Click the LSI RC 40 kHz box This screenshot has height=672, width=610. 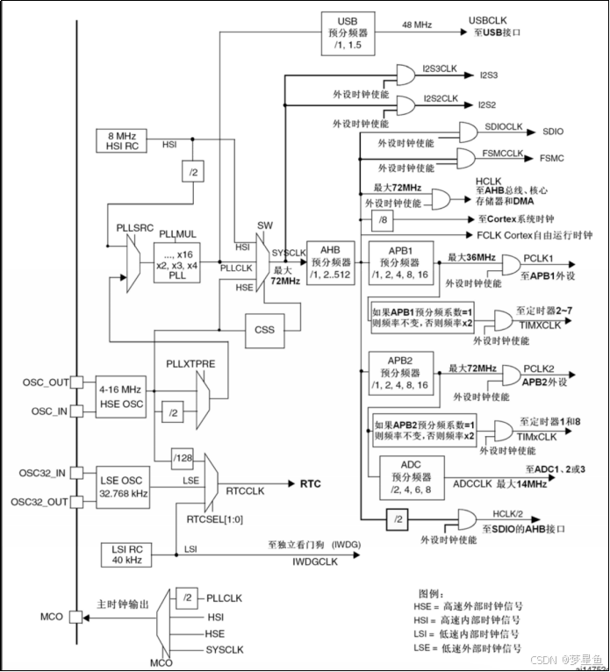(123, 554)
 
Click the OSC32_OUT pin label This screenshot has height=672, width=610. (39, 502)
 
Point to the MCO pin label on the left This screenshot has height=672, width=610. (52, 618)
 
